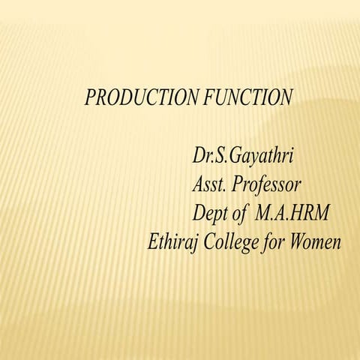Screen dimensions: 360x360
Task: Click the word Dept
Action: (x=211, y=214)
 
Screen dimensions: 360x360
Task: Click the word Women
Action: (x=317, y=242)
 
